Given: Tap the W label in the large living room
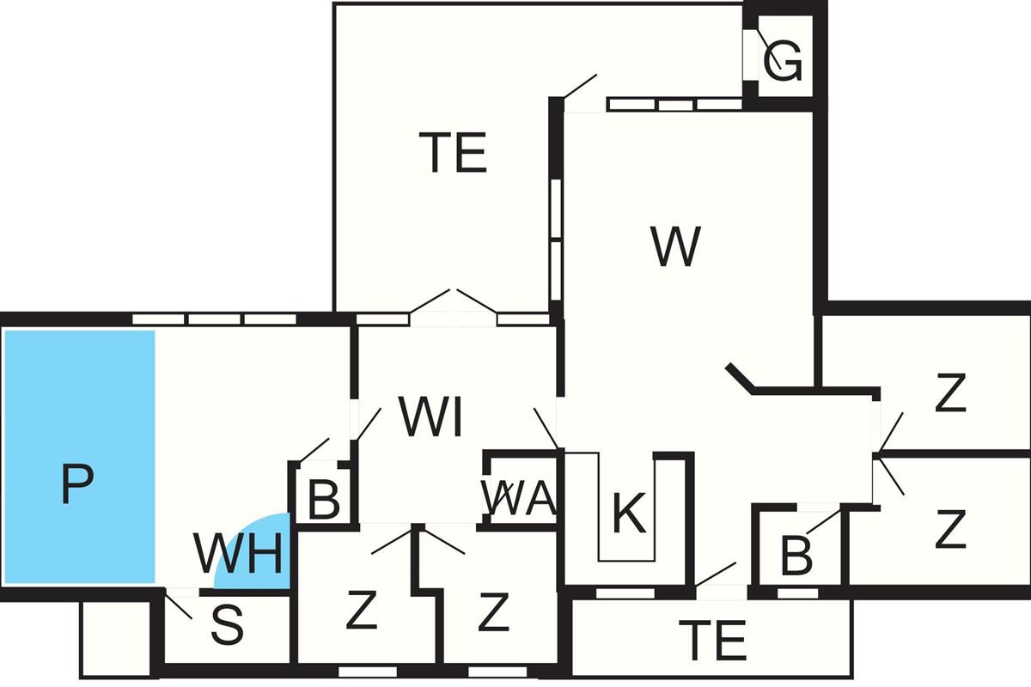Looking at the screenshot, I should click(x=676, y=246).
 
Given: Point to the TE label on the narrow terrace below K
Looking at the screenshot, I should click(x=712, y=639).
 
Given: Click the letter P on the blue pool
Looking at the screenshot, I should click(x=76, y=483).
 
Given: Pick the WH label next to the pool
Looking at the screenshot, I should click(x=238, y=555).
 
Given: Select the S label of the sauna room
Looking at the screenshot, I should click(x=227, y=628).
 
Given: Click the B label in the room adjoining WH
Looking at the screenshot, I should click(x=323, y=502).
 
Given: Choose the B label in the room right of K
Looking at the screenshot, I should click(x=796, y=556).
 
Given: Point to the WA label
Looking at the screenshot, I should click(x=518, y=497).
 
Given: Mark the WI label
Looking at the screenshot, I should click(x=431, y=419).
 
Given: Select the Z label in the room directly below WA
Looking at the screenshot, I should click(x=493, y=611).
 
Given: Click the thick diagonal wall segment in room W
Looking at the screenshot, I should click(x=738, y=379).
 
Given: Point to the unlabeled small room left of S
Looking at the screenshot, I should click(x=115, y=639).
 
